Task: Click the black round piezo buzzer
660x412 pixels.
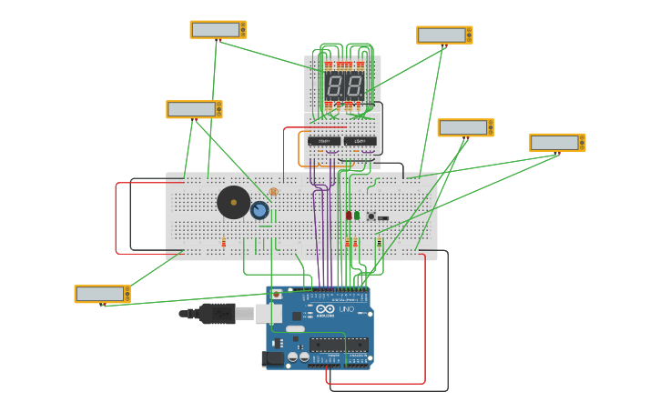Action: click(x=233, y=202)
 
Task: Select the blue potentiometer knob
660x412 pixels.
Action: click(x=259, y=211)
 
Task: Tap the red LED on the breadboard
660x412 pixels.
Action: click(x=349, y=215)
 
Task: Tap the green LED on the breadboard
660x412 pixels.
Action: click(x=357, y=215)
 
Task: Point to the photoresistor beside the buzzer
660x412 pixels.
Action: click(x=273, y=192)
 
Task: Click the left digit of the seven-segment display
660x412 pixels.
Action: click(x=333, y=87)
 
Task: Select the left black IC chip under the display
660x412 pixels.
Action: click(x=324, y=141)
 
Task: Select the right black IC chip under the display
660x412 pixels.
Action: click(x=360, y=141)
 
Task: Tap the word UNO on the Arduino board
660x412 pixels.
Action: click(x=346, y=310)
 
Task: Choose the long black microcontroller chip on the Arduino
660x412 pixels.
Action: click(x=339, y=345)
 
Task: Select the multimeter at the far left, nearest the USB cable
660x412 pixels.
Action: click(x=102, y=294)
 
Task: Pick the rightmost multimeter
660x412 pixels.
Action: click(x=557, y=143)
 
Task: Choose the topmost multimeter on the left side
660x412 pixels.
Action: click(x=218, y=30)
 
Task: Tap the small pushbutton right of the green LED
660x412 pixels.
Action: click(x=371, y=216)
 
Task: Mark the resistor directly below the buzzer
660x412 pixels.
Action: click(x=224, y=242)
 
